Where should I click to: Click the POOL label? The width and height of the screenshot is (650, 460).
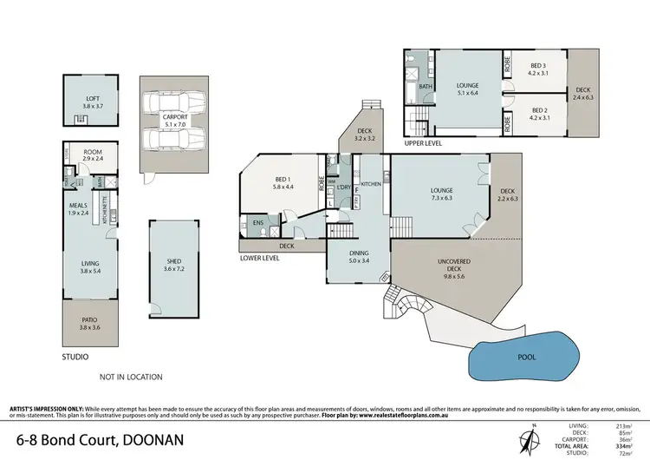(x=526, y=357)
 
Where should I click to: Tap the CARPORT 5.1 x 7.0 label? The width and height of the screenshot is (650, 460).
(x=175, y=119)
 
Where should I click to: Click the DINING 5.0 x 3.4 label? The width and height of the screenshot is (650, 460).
(x=358, y=255)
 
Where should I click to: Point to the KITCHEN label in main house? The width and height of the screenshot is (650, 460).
(x=372, y=184)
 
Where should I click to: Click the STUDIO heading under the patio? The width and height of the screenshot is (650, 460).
(x=75, y=357)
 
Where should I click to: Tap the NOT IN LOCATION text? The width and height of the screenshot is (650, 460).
(x=132, y=376)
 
